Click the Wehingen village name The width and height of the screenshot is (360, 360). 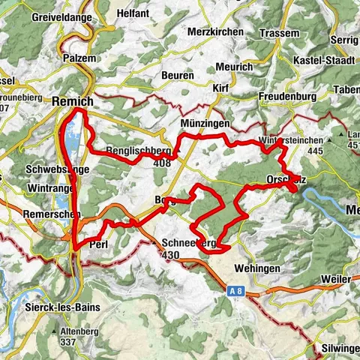coord(257,268)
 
